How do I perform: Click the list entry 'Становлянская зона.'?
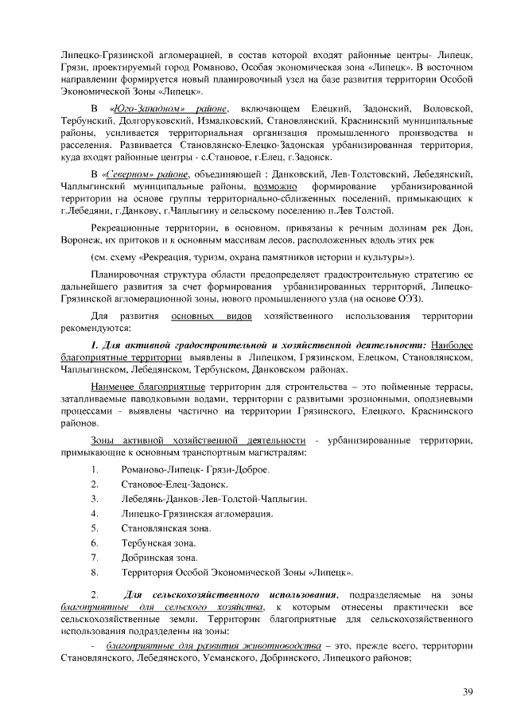(x=165, y=527)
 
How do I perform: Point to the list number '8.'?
(x=95, y=571)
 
